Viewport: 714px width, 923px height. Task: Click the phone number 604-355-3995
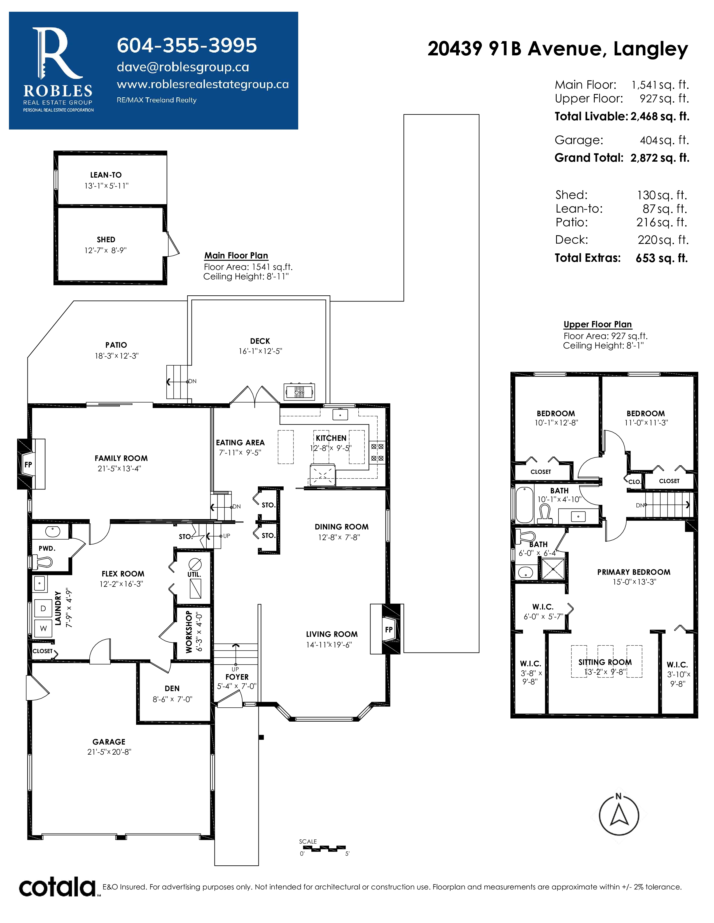coord(186,45)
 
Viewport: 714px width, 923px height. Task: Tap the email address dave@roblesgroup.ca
coord(183,67)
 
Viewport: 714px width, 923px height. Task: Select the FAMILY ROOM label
coord(121,458)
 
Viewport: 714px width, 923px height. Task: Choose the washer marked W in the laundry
coord(43,628)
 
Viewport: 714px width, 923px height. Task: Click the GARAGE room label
coord(109,742)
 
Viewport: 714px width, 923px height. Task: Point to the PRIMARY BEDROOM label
coord(634,572)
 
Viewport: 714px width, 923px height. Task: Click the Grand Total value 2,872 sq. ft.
coord(659,158)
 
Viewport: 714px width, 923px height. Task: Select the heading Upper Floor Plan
coord(598,324)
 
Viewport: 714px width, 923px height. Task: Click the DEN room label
coord(172,688)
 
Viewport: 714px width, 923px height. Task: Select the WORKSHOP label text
coord(189,631)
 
